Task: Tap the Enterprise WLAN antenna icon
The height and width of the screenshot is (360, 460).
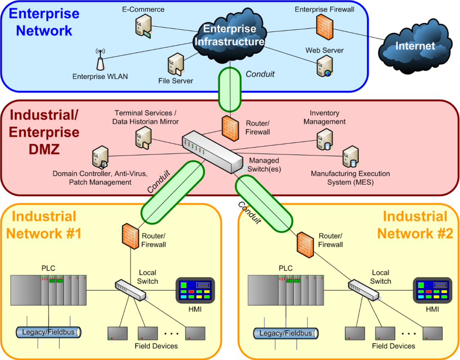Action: (100, 58)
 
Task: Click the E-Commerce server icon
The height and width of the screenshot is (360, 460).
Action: (143, 25)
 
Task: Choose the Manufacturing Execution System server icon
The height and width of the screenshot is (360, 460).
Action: (350, 157)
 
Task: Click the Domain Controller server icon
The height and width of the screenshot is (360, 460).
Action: (99, 157)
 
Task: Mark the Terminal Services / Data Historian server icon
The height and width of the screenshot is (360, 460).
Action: (142, 137)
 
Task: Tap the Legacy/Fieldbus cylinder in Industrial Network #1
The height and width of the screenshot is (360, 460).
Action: (48, 332)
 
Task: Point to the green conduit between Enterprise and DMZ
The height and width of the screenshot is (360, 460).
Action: (230, 89)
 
